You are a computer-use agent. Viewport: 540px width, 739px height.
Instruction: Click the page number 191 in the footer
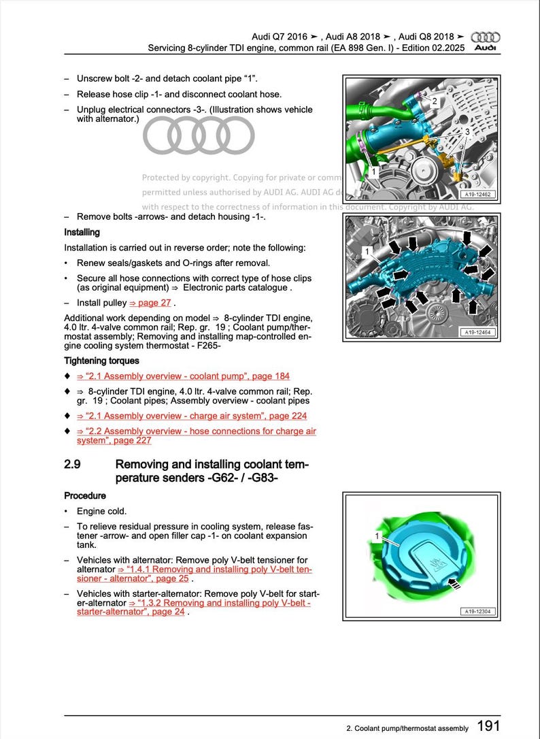(489, 726)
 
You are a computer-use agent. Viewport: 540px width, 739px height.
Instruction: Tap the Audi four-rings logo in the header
(486, 37)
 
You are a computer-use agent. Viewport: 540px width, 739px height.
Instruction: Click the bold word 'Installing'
(82, 233)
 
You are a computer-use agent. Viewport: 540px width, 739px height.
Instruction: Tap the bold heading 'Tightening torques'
(101, 361)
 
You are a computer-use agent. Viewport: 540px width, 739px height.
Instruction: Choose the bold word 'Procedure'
(85, 495)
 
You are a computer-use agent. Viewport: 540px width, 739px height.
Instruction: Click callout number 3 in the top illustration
(467, 131)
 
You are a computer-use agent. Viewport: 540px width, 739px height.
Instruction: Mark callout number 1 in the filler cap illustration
(377, 537)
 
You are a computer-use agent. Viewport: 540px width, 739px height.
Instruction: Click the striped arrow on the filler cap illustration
(455, 582)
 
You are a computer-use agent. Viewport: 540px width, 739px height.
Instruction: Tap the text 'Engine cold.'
(102, 511)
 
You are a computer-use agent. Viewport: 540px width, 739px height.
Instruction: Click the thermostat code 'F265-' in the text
(207, 345)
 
